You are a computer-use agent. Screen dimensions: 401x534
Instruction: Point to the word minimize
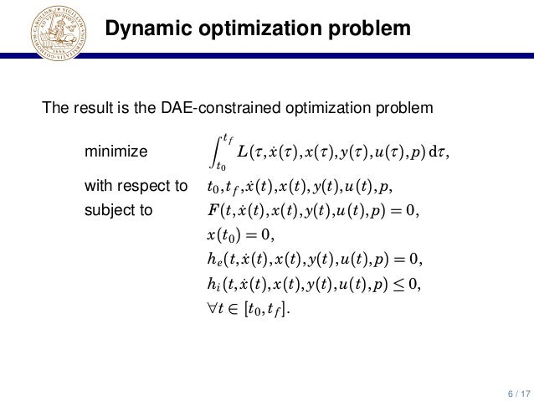click(116, 152)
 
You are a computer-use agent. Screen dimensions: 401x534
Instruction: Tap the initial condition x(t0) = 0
click(239, 234)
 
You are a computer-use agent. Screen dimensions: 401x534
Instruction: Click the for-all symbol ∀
click(210, 309)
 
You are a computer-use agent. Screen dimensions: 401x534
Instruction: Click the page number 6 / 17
click(516, 391)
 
